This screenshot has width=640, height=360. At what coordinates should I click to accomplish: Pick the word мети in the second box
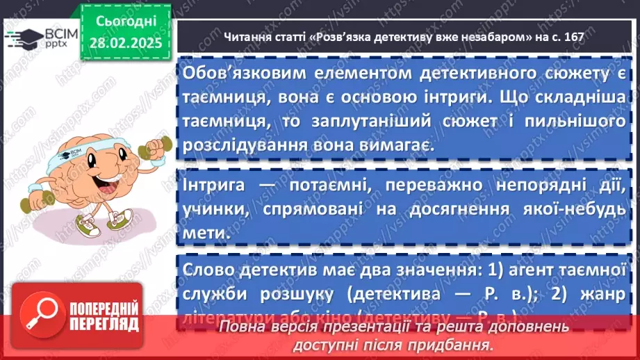point(207,234)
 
